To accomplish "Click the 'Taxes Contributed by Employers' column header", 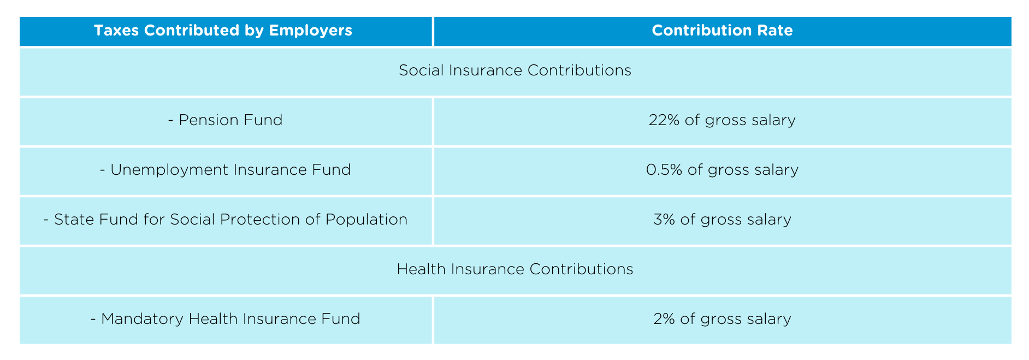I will pos(223,31).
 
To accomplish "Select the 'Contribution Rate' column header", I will pos(722,31).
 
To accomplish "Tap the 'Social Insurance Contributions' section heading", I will pos(514,70).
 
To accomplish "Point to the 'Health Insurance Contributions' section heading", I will pos(514,269).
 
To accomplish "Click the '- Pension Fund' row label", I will pos(225,120).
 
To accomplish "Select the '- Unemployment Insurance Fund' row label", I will pos(225,170).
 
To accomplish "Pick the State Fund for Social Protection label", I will pos(225,220).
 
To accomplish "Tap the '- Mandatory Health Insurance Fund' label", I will pos(225,319).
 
